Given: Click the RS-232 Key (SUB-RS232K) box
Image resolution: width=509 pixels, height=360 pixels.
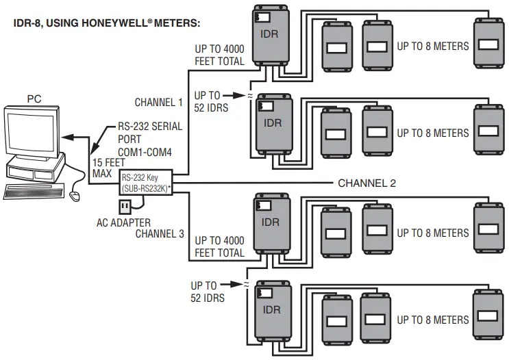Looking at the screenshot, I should [145, 183].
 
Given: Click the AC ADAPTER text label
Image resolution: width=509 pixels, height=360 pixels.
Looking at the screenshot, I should [123, 223].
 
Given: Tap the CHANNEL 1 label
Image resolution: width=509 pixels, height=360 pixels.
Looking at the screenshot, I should [158, 103].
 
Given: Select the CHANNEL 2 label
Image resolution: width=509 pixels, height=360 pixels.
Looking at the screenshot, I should [368, 183].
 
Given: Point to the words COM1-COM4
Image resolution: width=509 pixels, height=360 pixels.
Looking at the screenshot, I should [134, 151].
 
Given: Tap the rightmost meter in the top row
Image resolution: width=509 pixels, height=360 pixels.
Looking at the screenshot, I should [487, 45].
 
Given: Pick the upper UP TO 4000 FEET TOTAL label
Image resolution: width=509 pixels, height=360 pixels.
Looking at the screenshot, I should [219, 55].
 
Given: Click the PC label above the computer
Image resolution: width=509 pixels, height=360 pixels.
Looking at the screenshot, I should [34, 99].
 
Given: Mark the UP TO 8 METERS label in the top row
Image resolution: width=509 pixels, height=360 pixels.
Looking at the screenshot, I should [433, 47].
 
